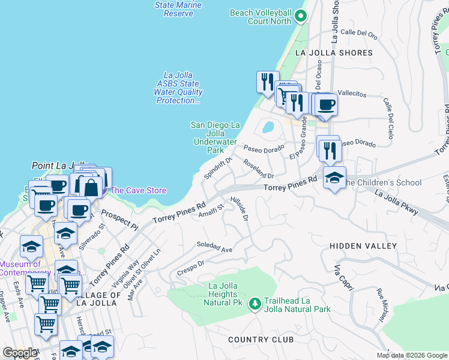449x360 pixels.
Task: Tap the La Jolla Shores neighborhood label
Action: click(x=334, y=53)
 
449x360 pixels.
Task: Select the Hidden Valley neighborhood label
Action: click(x=363, y=246)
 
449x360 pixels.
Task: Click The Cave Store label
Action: click(x=138, y=190)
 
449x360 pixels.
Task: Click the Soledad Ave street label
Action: click(x=214, y=247)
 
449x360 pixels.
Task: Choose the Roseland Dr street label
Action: click(x=258, y=169)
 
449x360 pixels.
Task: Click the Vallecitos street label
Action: click(x=352, y=94)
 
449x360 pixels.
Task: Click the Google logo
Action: click(x=20, y=353)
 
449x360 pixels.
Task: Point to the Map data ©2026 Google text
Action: click(x=412, y=355)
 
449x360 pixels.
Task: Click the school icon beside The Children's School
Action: click(x=334, y=177)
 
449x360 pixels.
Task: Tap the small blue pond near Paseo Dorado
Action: click(x=268, y=127)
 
